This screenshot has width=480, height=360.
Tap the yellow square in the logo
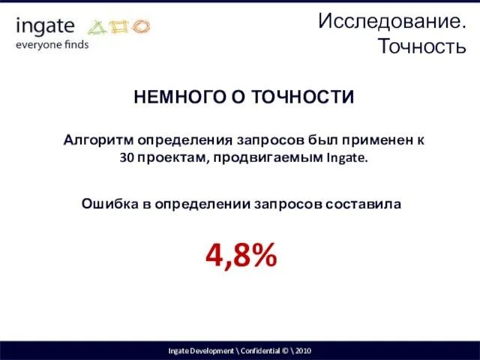(120, 28)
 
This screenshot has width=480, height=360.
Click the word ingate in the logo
(45, 27)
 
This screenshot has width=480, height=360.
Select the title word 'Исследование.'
(392, 21)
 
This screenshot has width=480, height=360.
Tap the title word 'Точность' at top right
(423, 46)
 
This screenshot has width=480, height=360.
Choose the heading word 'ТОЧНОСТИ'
(307, 97)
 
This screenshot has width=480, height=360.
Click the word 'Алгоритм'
(97, 139)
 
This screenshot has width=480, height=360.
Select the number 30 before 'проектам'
(126, 158)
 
